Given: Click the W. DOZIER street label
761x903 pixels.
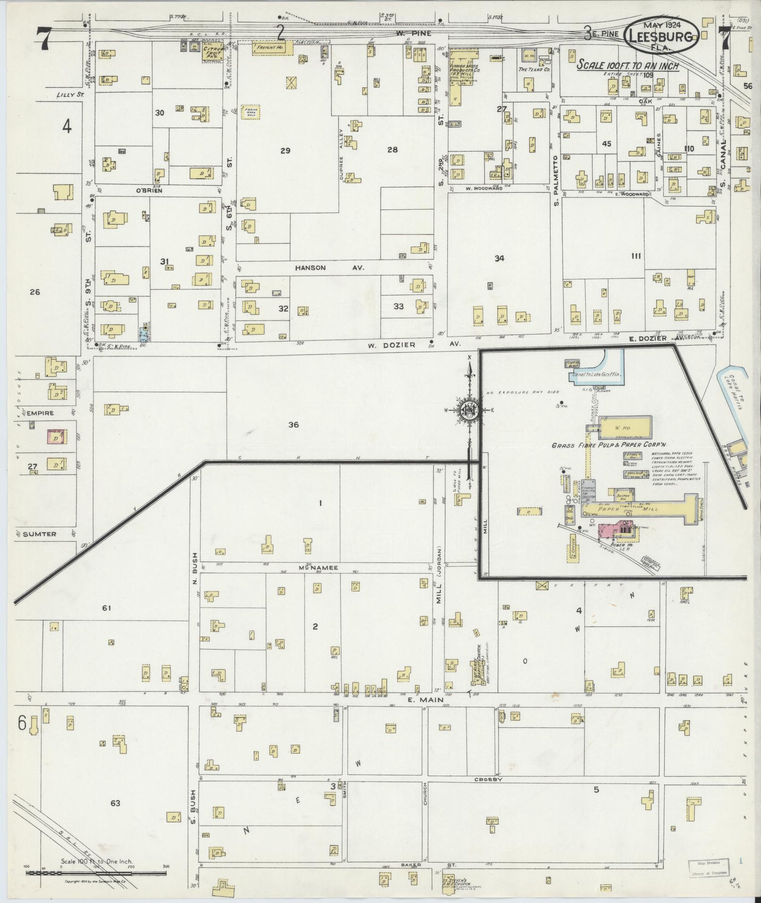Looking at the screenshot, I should [x=392, y=345].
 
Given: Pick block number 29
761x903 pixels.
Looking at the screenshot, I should [x=285, y=151].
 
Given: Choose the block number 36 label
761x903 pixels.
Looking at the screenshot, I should [x=293, y=424].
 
